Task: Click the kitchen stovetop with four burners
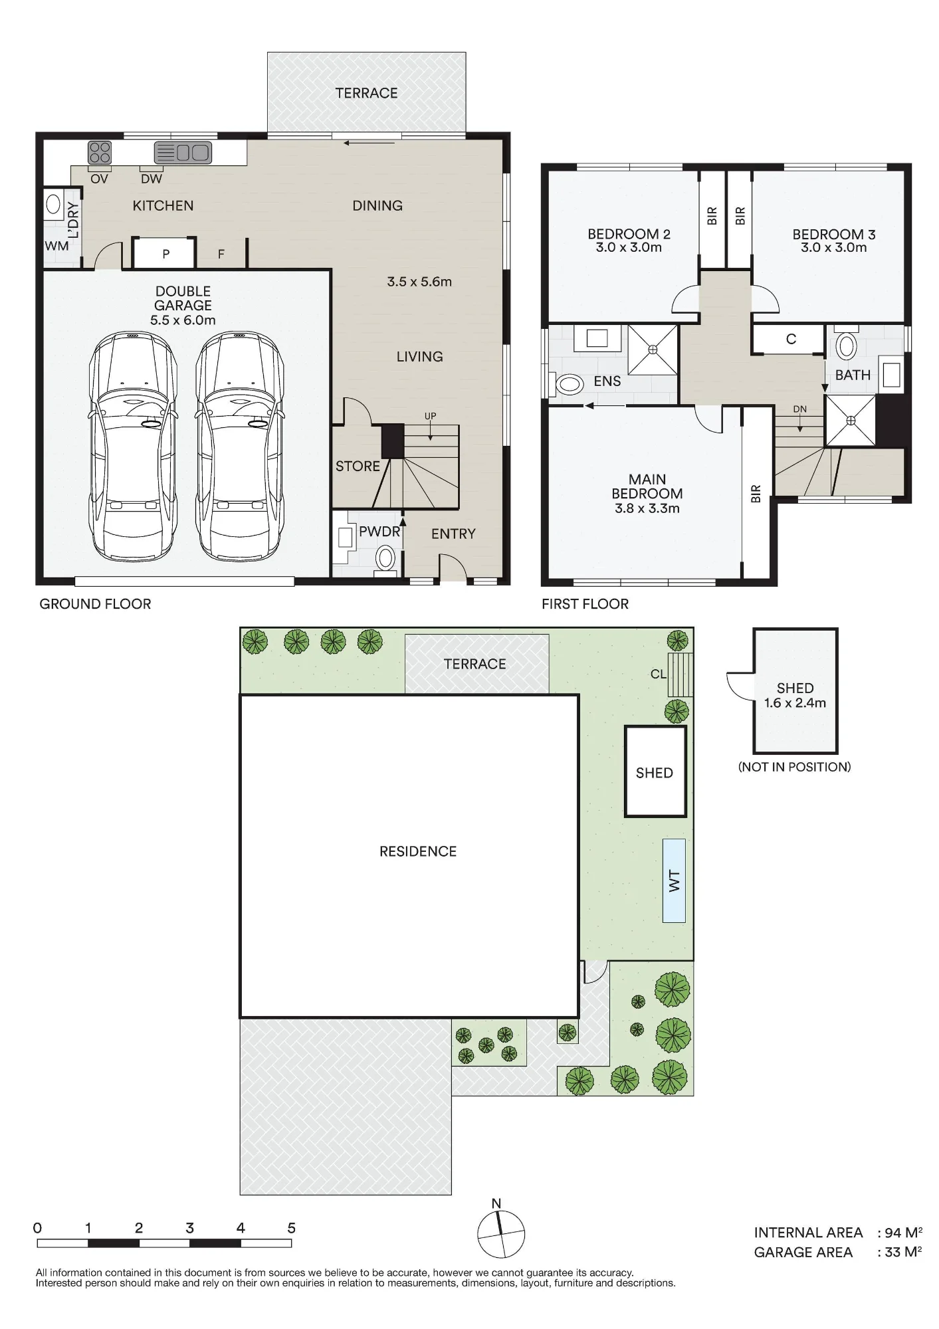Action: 100,152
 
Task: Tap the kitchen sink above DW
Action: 183,153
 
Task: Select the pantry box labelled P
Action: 165,253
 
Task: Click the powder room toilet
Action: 385,558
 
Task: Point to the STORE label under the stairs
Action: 358,466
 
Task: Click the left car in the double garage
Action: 133,446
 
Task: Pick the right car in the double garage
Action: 239,446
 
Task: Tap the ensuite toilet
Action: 567,384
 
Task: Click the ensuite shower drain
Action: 653,349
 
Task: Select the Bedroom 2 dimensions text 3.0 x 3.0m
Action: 629,248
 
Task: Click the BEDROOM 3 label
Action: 834,234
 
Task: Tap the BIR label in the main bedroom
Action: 756,494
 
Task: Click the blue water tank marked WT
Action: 674,880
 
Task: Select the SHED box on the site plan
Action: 655,771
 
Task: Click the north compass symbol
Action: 501,1234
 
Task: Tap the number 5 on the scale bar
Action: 291,1228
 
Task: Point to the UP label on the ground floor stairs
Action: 431,416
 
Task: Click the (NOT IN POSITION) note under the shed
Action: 794,767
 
